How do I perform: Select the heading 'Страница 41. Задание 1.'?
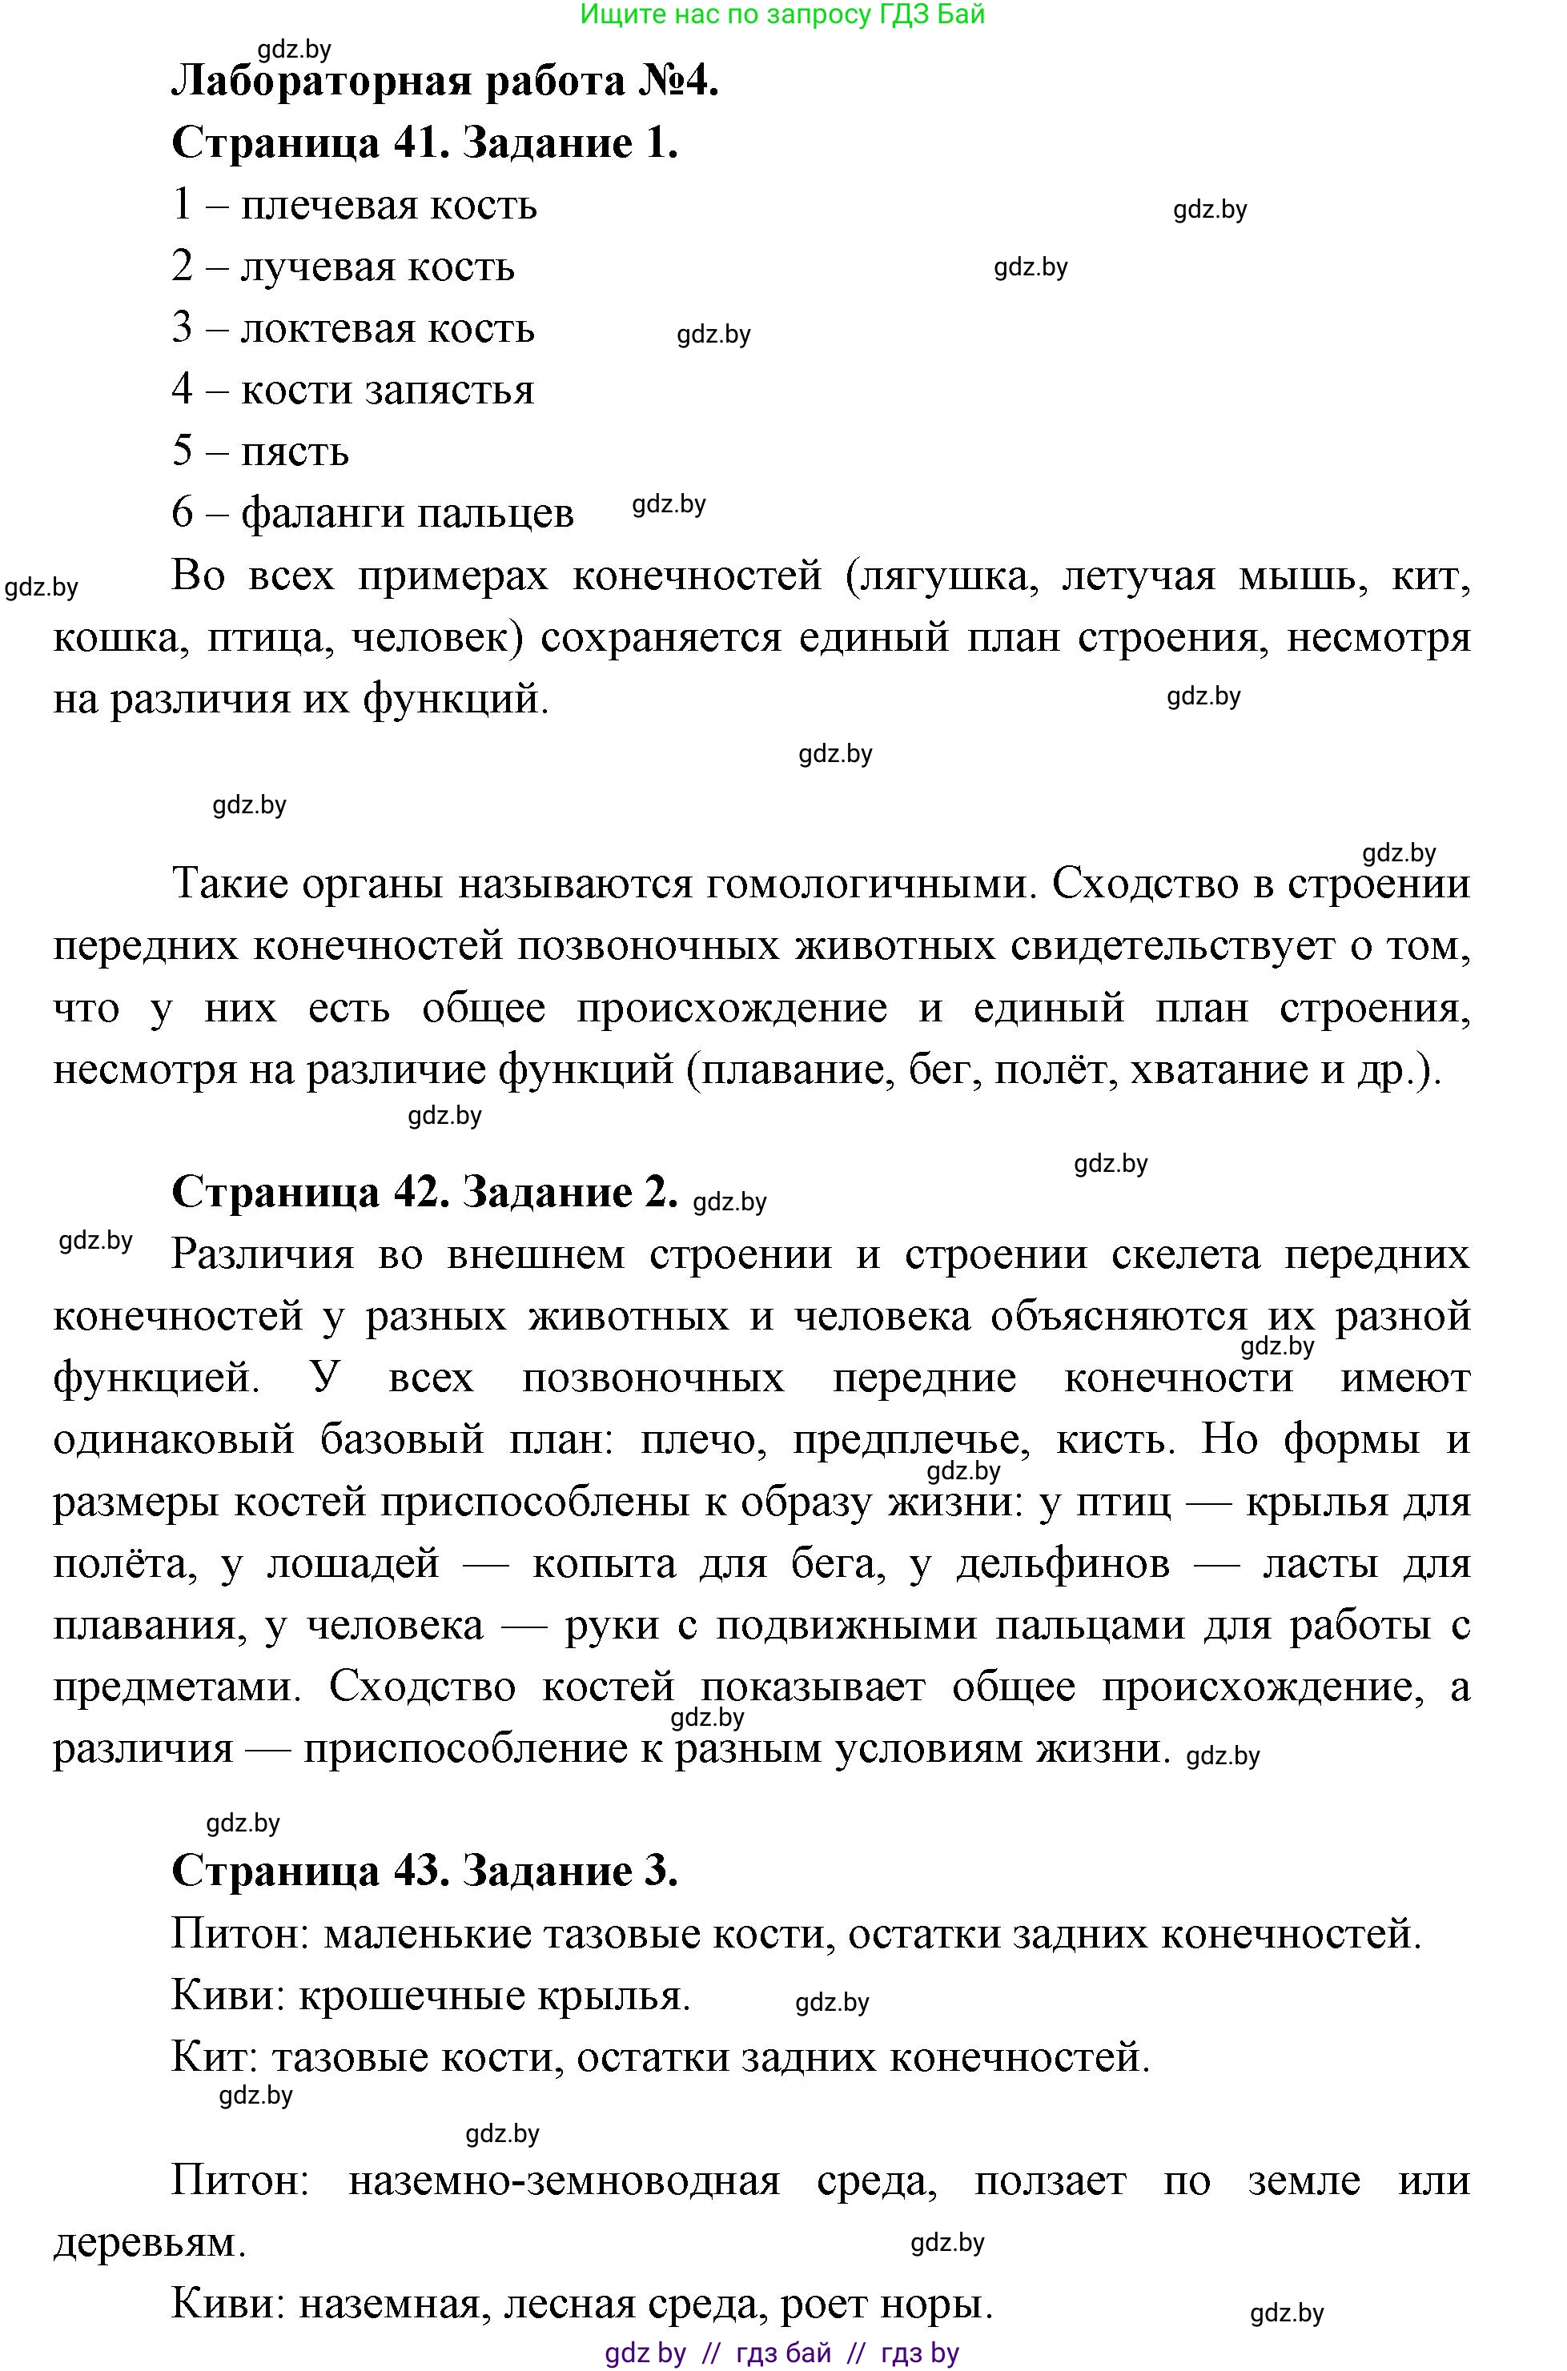[424, 142]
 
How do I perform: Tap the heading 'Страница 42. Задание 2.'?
[424, 1191]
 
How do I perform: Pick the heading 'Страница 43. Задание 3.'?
[424, 1871]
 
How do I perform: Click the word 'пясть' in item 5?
[295, 452]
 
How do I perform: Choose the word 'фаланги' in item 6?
[319, 514]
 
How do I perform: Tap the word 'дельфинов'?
[1063, 1563]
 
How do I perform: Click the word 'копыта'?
[604, 1563]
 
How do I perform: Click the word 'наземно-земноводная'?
[564, 2180]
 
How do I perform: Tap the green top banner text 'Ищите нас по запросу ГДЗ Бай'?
[782, 14]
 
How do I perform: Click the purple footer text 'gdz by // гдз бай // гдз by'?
[781, 2353]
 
